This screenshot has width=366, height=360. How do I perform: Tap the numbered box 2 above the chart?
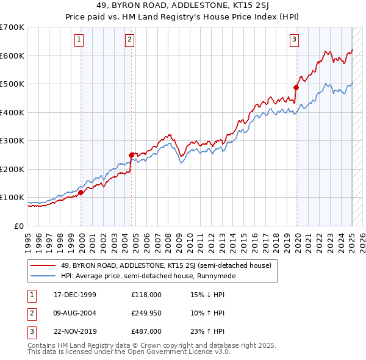(x=130, y=40)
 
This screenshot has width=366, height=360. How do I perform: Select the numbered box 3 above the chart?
(x=295, y=40)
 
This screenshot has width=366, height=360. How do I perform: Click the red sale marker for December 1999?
(x=81, y=192)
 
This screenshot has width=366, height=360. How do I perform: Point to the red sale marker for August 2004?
(x=131, y=155)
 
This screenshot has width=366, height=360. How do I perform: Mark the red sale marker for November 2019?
(x=296, y=87)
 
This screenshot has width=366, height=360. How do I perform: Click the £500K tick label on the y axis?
(x=12, y=84)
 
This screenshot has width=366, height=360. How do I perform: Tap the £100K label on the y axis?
(x=12, y=198)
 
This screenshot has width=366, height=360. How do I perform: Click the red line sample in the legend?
(x=43, y=265)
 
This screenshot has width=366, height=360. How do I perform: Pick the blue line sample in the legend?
(x=43, y=276)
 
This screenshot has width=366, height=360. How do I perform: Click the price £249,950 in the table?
(x=146, y=313)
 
